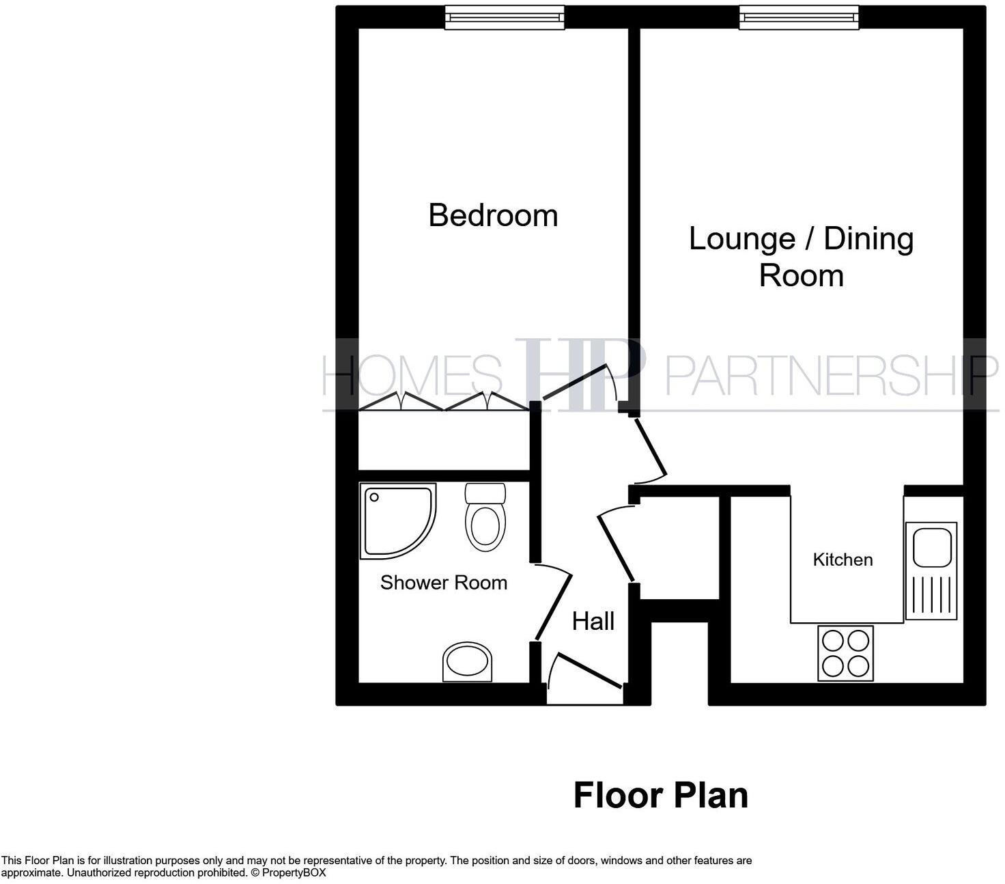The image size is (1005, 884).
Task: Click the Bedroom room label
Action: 493,216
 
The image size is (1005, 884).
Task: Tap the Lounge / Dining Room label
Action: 801,257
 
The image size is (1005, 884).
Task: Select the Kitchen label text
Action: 843,560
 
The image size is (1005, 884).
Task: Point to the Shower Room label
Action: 443,583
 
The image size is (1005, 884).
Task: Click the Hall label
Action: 593,621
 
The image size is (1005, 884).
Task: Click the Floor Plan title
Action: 660,795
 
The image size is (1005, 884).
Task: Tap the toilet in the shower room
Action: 485,519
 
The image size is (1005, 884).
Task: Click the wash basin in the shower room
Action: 468,661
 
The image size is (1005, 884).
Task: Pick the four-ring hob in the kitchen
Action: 845,653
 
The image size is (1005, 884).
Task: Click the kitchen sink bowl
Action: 931,547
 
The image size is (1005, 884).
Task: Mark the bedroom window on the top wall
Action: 505,17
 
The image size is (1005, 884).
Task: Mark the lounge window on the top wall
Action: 799,17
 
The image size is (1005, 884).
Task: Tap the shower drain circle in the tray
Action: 373,497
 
